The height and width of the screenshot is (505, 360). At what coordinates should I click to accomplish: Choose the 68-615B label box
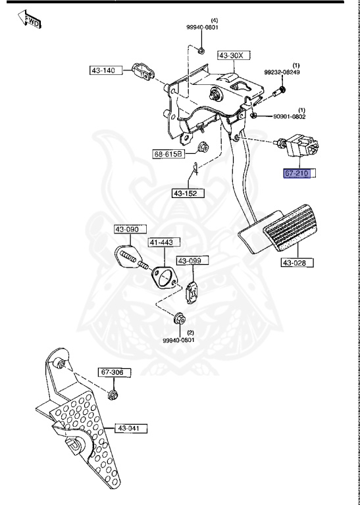pos(168,155)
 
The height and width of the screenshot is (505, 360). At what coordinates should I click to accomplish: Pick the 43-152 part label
pos(188,193)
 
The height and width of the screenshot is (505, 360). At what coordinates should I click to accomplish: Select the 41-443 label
pos(161,243)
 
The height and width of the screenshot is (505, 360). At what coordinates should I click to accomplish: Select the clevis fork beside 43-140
pos(141,70)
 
